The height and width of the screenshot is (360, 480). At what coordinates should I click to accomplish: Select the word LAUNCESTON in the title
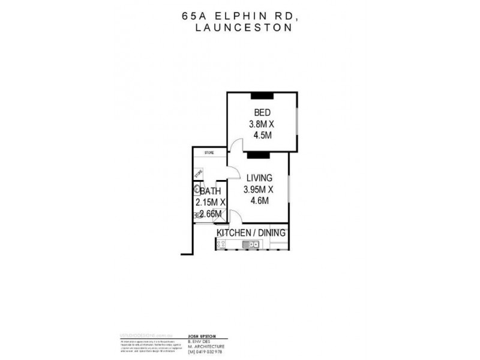click(x=242, y=28)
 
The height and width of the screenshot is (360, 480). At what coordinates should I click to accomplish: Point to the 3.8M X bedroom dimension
click(x=262, y=124)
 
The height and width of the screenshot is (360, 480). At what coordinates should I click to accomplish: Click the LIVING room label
click(x=259, y=178)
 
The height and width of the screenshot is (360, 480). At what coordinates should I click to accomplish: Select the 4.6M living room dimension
click(x=259, y=201)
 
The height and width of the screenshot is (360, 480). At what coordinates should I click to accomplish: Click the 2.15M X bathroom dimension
click(x=211, y=203)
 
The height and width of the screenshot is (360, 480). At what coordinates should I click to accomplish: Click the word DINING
click(x=274, y=232)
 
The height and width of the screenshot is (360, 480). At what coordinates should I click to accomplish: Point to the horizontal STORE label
click(x=209, y=153)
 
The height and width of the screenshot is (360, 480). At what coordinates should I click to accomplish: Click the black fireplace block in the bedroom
click(x=262, y=94)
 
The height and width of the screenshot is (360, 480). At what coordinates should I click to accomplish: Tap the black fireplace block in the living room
click(x=257, y=155)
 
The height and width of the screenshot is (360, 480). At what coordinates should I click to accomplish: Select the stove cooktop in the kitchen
click(x=221, y=244)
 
